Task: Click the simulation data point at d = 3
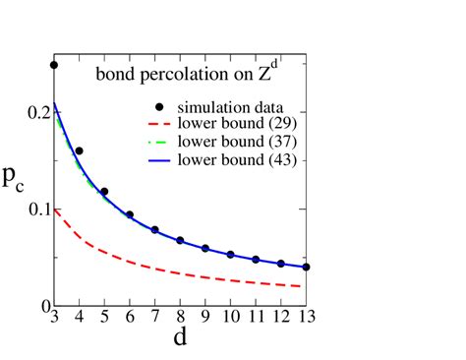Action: [x=54, y=65]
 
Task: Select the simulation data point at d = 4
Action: [x=80, y=151]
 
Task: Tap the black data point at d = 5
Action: [x=104, y=191]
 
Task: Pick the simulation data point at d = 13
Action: [x=306, y=267]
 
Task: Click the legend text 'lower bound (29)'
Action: [x=233, y=124]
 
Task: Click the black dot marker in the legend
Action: [x=155, y=106]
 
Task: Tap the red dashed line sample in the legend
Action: [x=155, y=124]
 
